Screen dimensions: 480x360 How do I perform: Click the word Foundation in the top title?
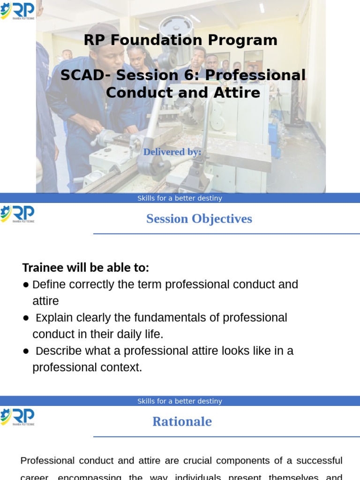[x=161, y=40]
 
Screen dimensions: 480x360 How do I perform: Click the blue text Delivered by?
[x=172, y=152]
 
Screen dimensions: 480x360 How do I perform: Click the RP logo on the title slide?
[x=17, y=11]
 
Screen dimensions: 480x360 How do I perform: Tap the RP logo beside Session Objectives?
[x=17, y=214]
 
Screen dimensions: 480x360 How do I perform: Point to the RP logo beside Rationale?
[x=17, y=417]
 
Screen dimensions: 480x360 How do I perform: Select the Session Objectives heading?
[x=199, y=219]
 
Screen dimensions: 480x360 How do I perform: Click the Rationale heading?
[x=182, y=421]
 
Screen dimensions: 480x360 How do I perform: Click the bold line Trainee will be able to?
[x=86, y=268]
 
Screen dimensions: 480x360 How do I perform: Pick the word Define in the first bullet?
[x=49, y=285]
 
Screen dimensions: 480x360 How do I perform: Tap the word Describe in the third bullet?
[x=57, y=351]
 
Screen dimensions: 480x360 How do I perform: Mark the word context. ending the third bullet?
[x=122, y=367]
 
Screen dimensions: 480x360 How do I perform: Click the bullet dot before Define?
[x=26, y=285]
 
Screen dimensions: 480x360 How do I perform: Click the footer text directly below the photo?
[x=180, y=198]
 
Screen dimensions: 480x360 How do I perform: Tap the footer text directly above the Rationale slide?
[x=180, y=401]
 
